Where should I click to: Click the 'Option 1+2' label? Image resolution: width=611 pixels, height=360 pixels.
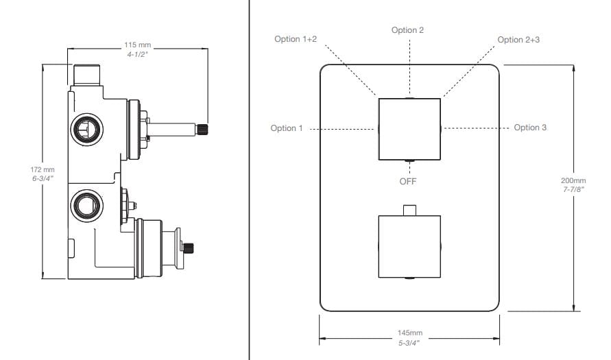296,39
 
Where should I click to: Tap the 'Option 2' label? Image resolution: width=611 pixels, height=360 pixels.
407,30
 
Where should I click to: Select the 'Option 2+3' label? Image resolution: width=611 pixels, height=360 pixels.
518,39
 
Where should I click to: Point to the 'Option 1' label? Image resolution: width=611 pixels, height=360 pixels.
286,128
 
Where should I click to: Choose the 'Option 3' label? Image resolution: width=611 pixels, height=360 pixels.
530,128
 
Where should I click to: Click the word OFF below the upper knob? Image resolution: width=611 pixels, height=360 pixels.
408,181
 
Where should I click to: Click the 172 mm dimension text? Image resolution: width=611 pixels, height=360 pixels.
43,169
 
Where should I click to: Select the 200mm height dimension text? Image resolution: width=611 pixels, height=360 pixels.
573,180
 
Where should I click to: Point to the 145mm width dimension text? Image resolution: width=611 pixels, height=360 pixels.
410,333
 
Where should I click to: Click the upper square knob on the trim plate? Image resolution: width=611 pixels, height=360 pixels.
409,128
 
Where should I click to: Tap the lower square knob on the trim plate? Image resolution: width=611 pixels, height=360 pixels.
409,246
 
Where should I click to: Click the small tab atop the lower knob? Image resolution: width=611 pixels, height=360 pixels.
409,210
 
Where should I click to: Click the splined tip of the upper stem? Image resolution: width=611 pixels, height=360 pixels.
203,128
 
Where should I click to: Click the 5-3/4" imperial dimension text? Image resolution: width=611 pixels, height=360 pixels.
410,341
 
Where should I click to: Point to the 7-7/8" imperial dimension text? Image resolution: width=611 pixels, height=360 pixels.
573,189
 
